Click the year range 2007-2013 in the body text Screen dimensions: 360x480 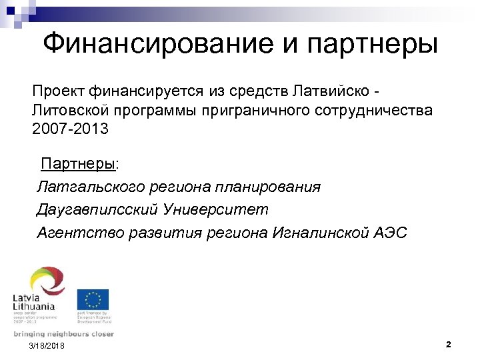69,128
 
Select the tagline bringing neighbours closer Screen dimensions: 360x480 63,334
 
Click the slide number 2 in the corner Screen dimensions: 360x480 448,345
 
